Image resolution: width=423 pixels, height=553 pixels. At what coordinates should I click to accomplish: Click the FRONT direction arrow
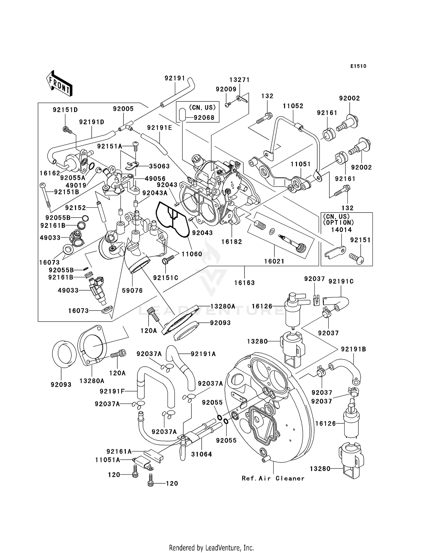[x=60, y=84]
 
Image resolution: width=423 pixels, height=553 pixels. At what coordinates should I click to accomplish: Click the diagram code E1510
[x=358, y=66]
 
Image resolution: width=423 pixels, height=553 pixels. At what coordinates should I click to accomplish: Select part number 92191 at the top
[x=175, y=78]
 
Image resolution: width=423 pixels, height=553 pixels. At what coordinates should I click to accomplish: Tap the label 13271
[x=239, y=80]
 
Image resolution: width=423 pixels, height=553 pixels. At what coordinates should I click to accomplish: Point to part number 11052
[x=293, y=106]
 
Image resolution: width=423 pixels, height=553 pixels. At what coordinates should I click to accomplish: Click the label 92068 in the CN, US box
[x=204, y=118]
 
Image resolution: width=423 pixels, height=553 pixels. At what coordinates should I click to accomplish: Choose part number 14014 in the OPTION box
[x=341, y=230]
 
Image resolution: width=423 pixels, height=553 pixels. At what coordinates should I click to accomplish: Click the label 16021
[x=274, y=261]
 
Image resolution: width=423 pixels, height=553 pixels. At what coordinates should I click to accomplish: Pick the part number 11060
[x=192, y=254]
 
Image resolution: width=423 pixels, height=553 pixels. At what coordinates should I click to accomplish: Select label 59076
[x=132, y=290]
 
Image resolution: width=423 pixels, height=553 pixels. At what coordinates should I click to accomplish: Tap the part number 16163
[x=244, y=283]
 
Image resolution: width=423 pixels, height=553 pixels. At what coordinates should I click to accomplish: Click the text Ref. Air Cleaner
[x=273, y=478]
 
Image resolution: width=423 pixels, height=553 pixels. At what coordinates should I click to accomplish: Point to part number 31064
[x=201, y=454]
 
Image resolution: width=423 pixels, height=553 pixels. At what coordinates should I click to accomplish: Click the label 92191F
[x=112, y=391]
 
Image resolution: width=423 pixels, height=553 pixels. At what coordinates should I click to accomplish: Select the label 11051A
[x=107, y=460]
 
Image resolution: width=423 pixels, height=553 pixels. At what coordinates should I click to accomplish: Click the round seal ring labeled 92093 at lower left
[x=64, y=354]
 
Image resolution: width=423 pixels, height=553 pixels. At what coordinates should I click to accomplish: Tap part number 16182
[x=232, y=242]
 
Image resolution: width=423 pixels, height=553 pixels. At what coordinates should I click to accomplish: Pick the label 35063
[x=159, y=166]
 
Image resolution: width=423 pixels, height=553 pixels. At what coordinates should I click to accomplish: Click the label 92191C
[x=341, y=281]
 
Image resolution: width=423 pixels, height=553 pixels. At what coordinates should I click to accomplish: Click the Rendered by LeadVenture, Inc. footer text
[x=211, y=548]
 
